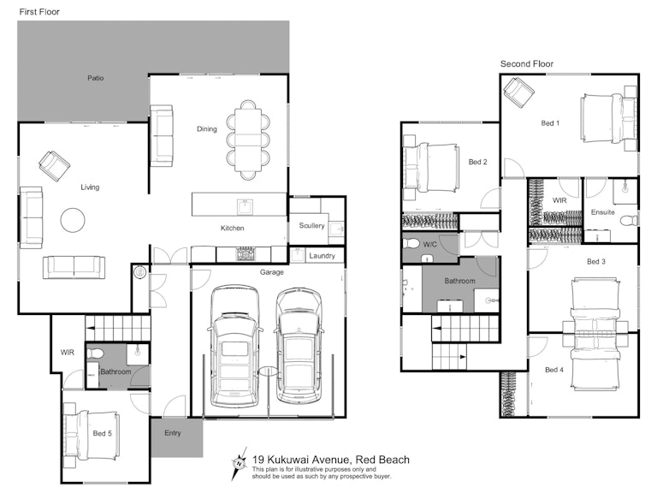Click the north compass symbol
(x=239, y=464)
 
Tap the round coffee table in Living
(x=73, y=220)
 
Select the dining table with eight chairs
(x=248, y=140)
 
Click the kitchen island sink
(x=245, y=206)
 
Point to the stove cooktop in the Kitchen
(x=246, y=254)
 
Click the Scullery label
(x=311, y=226)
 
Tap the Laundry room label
(x=322, y=256)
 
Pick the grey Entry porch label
(x=173, y=433)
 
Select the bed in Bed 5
(x=92, y=435)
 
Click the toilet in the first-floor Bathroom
(x=94, y=353)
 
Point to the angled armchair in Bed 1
(x=518, y=92)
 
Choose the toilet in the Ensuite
(x=629, y=221)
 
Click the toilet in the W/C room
(x=411, y=243)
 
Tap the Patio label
(x=96, y=78)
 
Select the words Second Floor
(x=527, y=63)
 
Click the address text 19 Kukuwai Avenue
(x=300, y=460)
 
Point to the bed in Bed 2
(x=430, y=168)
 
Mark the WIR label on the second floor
(x=559, y=200)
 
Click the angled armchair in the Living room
(x=54, y=166)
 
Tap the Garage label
(x=271, y=272)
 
